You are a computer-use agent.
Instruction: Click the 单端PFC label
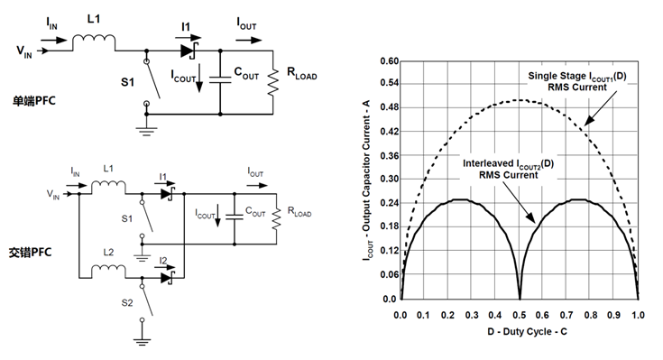[34, 101]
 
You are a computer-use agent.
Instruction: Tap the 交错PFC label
[30, 252]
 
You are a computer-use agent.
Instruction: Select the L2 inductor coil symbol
[108, 269]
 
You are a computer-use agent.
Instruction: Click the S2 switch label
[127, 303]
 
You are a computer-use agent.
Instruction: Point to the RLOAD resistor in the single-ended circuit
[273, 83]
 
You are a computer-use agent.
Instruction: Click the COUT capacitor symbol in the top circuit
[220, 79]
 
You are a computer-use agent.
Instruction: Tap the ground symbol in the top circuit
[146, 132]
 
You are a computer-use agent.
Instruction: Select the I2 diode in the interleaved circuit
[168, 278]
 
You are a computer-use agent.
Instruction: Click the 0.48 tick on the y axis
[389, 107]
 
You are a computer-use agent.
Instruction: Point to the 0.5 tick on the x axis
[520, 315]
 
